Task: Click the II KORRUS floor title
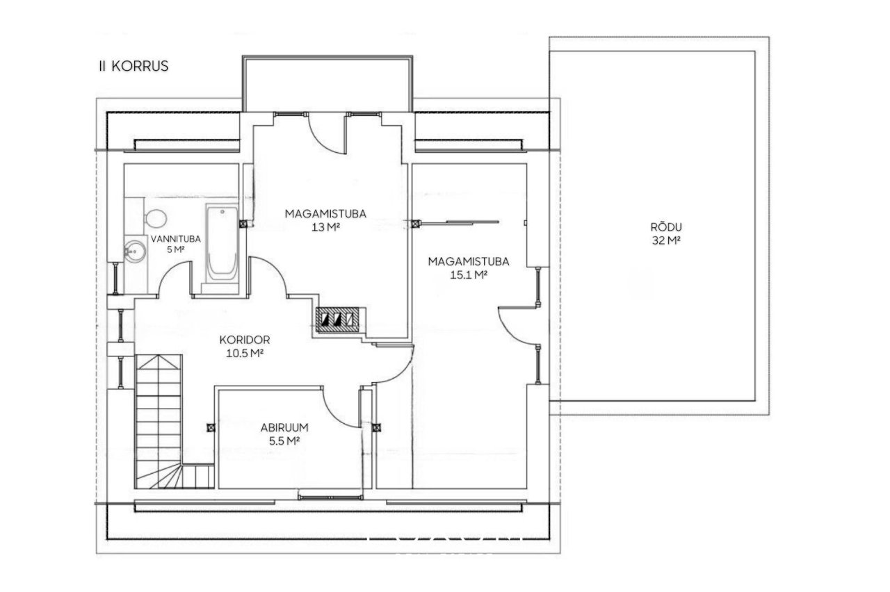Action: point(133,66)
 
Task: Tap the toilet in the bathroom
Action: point(154,218)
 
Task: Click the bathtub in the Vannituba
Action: point(222,244)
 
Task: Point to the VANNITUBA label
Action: point(176,239)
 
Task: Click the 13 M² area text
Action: point(326,227)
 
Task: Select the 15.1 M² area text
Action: point(469,274)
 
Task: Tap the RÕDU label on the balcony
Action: point(666,227)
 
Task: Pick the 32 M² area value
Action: point(666,240)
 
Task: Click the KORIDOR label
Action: point(245,340)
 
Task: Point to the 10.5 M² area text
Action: point(245,353)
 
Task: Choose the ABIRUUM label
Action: point(284,427)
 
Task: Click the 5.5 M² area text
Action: point(284,441)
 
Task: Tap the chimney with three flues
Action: point(338,320)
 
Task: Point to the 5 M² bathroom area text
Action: point(176,249)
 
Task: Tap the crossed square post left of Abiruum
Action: point(211,427)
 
